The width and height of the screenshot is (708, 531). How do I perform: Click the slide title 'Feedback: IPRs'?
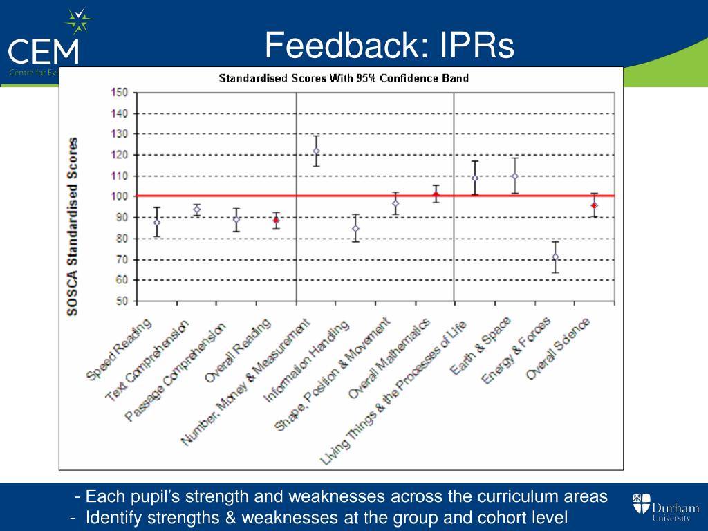[390, 46]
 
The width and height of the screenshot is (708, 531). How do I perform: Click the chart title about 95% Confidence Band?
[344, 77]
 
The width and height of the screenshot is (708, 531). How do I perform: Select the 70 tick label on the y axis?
[122, 260]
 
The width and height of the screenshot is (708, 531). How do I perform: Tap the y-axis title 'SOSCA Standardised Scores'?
[73, 226]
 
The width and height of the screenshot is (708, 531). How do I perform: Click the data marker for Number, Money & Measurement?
[316, 151]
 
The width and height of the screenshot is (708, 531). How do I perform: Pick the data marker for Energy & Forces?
[555, 257]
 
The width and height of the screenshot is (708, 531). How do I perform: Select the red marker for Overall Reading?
[276, 220]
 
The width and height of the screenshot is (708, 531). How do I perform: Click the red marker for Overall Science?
[594, 205]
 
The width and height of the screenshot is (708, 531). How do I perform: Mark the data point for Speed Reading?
[157, 223]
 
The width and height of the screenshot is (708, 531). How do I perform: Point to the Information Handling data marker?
[355, 228]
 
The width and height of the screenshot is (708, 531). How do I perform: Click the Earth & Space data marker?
[514, 176]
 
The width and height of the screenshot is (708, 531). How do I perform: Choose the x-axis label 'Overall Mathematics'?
[389, 359]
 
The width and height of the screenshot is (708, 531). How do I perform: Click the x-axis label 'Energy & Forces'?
[516, 351]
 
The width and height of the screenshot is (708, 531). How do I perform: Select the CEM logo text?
[43, 51]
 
